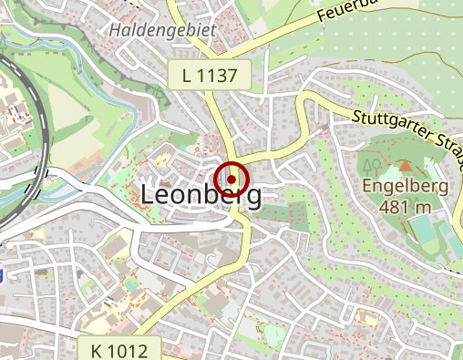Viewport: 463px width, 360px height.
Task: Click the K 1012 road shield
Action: [x=127, y=349]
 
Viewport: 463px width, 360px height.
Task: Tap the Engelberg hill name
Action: [x=405, y=186]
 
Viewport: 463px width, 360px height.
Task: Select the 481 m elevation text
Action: [x=405, y=206]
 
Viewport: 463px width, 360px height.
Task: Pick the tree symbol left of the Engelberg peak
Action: [x=370, y=165]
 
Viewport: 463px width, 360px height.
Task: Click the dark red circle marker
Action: [x=231, y=180]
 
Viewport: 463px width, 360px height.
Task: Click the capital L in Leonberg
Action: [x=149, y=195]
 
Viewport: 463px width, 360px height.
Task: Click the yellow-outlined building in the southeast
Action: [x=368, y=317]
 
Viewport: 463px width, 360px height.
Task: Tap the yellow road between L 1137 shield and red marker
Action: [x=222, y=123]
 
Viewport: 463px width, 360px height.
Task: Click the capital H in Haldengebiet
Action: [x=116, y=30]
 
